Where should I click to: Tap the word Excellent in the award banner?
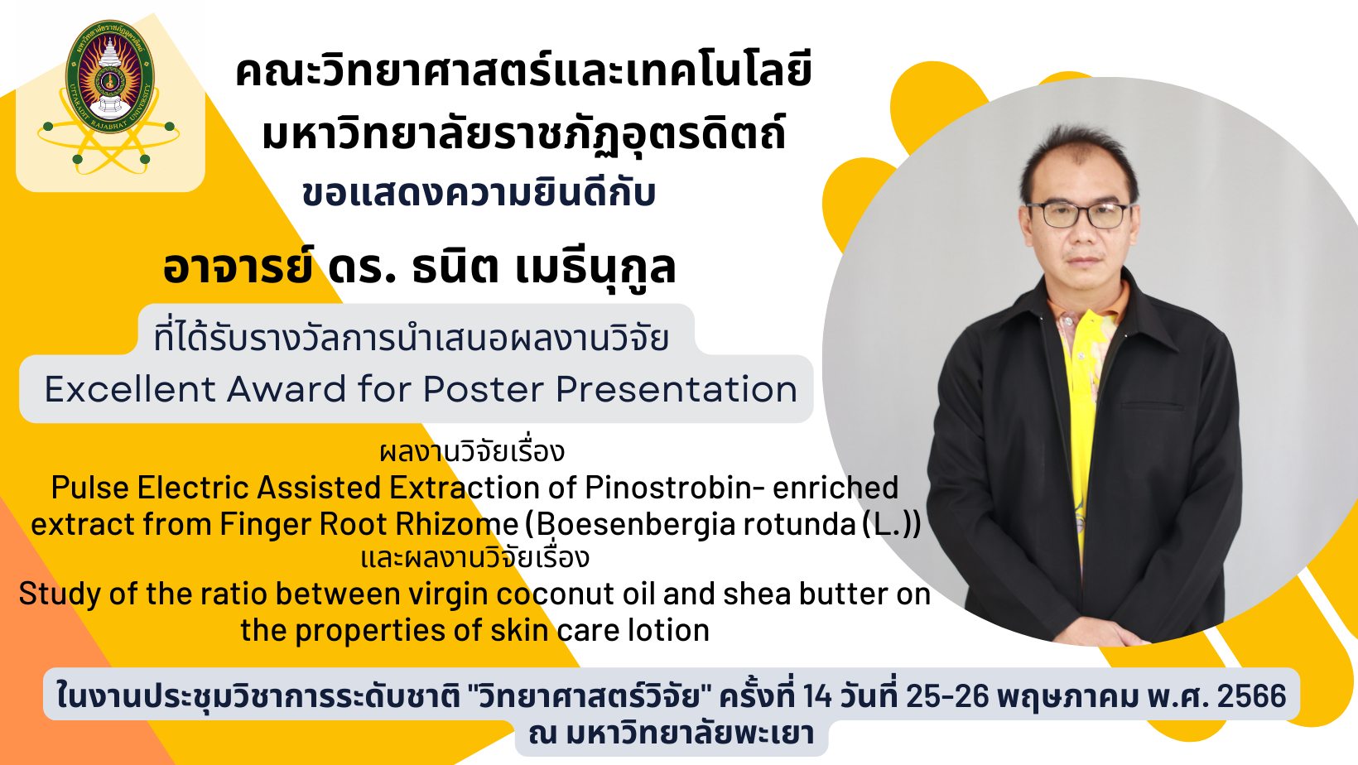[x=130, y=388]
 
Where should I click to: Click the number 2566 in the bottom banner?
[x=1251, y=695]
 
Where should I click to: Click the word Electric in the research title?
[x=195, y=488]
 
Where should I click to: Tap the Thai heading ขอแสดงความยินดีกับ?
[x=479, y=194]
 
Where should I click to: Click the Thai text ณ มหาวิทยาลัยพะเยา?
[x=671, y=734]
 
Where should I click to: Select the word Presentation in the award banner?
[x=677, y=388]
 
